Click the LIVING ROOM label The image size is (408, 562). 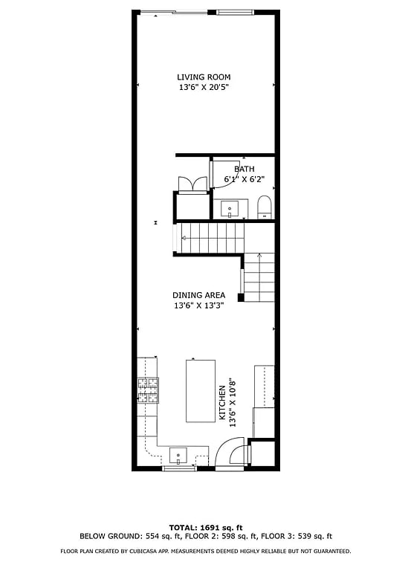click(x=204, y=77)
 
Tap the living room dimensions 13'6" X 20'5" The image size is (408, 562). click(x=204, y=87)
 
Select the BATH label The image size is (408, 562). click(x=245, y=169)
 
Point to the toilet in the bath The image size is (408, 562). click(x=265, y=207)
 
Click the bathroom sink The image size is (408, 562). click(x=230, y=207)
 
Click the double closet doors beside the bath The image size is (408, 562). click(x=191, y=184)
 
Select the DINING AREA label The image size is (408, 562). click(x=199, y=295)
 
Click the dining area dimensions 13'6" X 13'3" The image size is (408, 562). click(x=199, y=306)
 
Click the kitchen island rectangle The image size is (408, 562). click(x=199, y=390)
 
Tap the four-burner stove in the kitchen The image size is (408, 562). click(x=147, y=390)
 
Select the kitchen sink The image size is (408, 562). click(x=178, y=453)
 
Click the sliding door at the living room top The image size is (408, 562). click(x=176, y=12)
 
